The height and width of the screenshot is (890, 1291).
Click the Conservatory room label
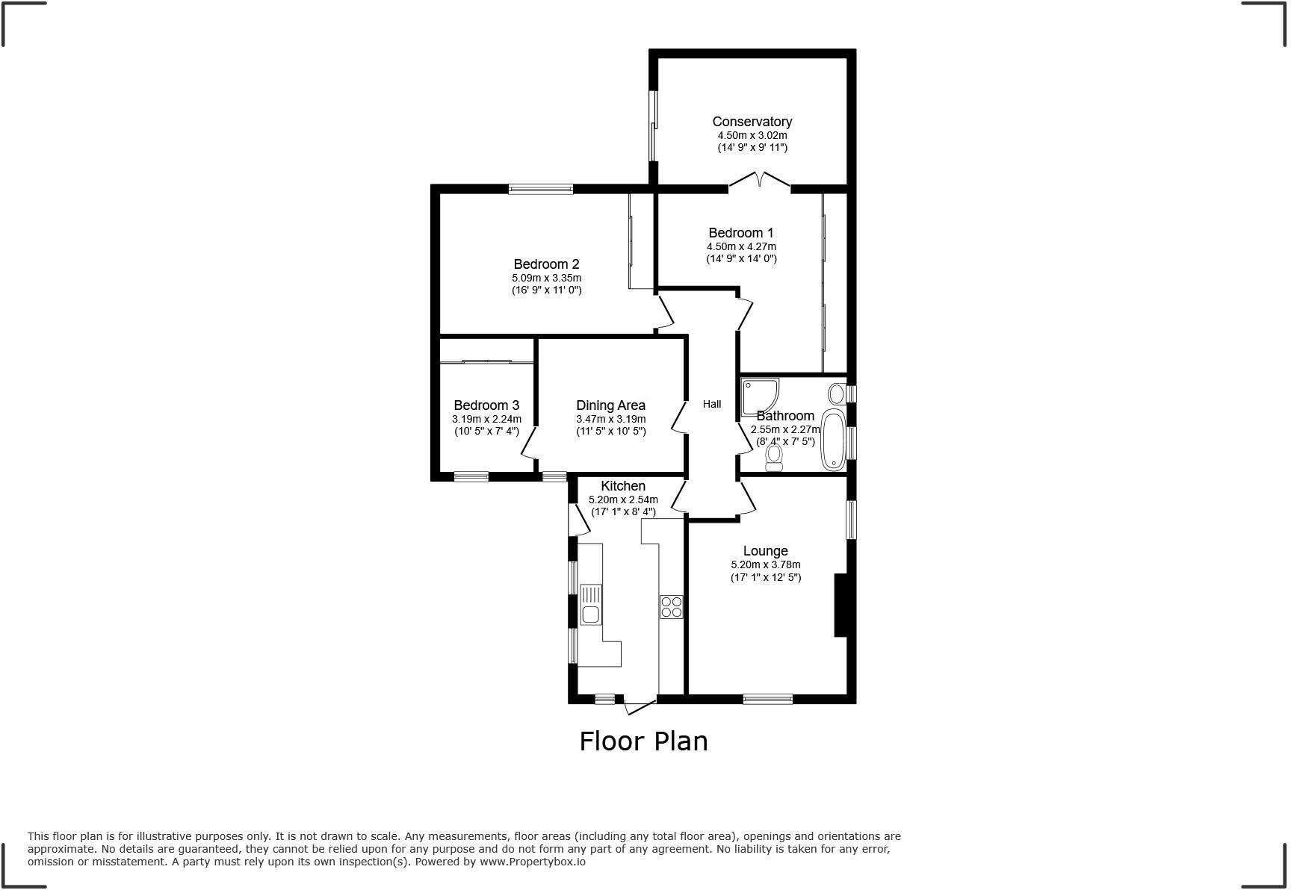pyautogui.click(x=752, y=122)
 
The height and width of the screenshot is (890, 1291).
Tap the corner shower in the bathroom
pyautogui.click(x=759, y=396)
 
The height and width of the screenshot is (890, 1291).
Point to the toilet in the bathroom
pyautogui.click(x=774, y=458)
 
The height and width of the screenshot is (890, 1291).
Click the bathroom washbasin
pyautogui.click(x=837, y=393)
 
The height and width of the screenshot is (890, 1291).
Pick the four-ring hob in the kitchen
pyautogui.click(x=671, y=606)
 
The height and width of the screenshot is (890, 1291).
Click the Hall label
pyautogui.click(x=712, y=404)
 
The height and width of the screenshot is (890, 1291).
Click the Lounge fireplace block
pyautogui.click(x=840, y=605)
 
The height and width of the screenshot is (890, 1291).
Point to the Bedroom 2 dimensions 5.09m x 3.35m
pyautogui.click(x=546, y=278)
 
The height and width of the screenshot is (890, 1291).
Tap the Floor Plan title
pyautogui.click(x=643, y=741)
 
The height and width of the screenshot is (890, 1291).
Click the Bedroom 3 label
pyautogui.click(x=486, y=405)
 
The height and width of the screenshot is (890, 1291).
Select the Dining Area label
pyautogui.click(x=610, y=405)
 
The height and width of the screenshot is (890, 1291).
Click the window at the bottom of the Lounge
pyautogui.click(x=767, y=699)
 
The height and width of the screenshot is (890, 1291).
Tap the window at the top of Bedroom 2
pyautogui.click(x=541, y=190)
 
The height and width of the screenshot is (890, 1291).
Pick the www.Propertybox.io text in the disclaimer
pyautogui.click(x=532, y=862)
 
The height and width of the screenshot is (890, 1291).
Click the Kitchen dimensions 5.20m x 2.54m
pyautogui.click(x=623, y=500)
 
